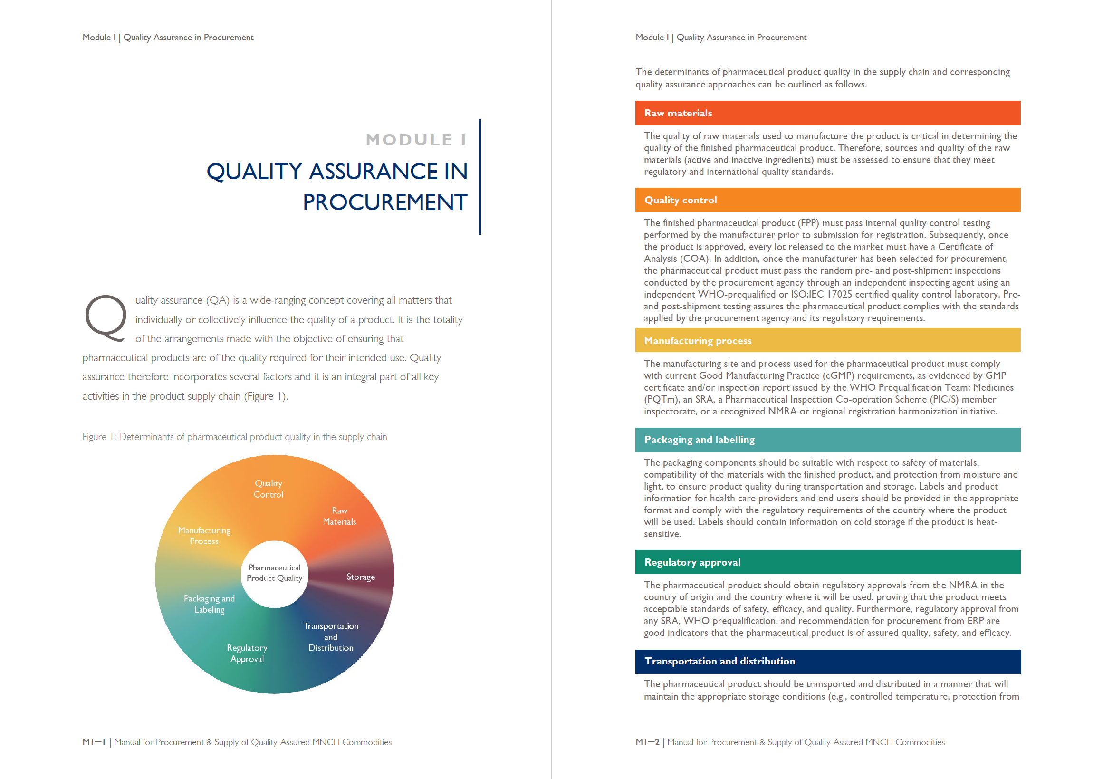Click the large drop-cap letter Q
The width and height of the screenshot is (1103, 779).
[x=105, y=317]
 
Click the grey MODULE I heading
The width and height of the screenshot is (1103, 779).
[x=415, y=140]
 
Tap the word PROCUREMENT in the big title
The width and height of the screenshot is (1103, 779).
[x=385, y=202]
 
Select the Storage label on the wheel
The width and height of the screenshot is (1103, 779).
[x=360, y=577]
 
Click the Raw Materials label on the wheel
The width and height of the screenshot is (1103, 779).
[x=339, y=516]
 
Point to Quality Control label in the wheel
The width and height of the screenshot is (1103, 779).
[x=268, y=489]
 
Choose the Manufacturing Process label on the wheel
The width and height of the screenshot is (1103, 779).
[x=204, y=536]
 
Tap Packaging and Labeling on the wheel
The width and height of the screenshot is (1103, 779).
[x=209, y=604]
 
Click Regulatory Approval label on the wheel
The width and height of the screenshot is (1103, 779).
[x=247, y=654]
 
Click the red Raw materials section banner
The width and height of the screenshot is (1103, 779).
[x=827, y=114]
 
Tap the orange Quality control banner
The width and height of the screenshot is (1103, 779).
[x=827, y=201]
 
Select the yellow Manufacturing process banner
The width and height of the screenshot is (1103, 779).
[x=827, y=341]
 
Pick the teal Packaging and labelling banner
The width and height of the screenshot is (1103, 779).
[x=827, y=440]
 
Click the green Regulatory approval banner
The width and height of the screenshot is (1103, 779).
[x=827, y=562]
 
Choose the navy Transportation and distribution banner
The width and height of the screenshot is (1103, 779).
[x=827, y=661]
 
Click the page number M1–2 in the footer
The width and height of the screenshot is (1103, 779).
[x=647, y=742]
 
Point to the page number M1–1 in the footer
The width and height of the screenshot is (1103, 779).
[x=94, y=742]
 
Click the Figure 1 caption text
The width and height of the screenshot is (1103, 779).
[x=234, y=437]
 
